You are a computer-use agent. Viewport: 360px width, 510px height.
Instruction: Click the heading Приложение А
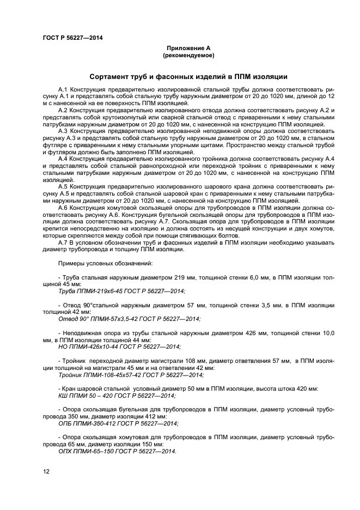pyautogui.click(x=188, y=48)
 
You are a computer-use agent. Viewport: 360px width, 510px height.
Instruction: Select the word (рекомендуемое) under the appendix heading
pyautogui.click(x=188, y=56)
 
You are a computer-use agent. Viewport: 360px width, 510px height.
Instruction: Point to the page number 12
pyautogui.click(x=46, y=473)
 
